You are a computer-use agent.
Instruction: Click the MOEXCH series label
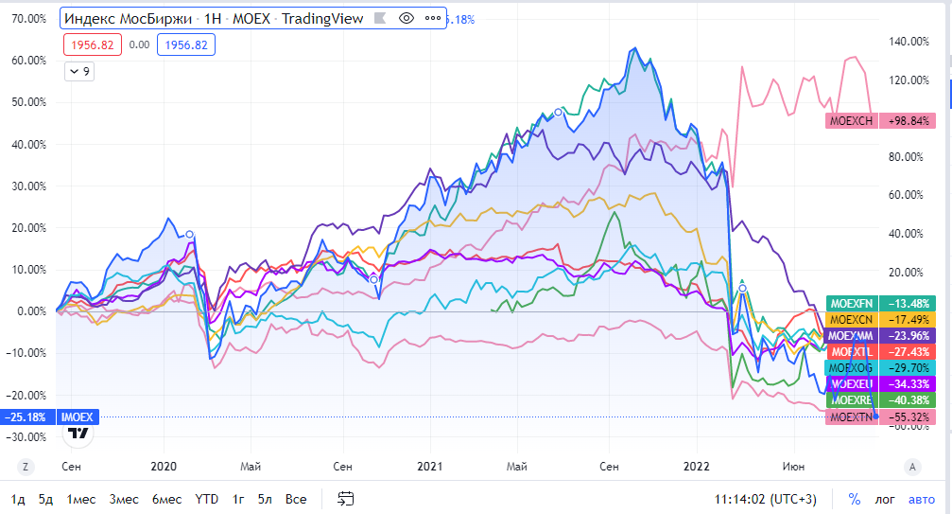click(x=852, y=121)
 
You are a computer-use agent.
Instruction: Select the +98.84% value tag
click(x=909, y=121)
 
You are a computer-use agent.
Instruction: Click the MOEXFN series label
click(x=852, y=303)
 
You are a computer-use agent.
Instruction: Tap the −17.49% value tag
click(x=909, y=320)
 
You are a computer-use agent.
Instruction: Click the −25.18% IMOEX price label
click(x=28, y=417)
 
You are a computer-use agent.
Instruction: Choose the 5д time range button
click(x=46, y=499)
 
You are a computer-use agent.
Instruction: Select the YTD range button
click(x=206, y=499)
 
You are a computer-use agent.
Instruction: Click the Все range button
click(x=296, y=499)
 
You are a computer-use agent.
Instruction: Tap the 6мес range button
click(x=167, y=499)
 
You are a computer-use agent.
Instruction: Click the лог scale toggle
click(x=885, y=499)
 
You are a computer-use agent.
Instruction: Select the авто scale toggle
click(x=921, y=499)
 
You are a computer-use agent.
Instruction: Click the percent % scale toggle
click(x=855, y=499)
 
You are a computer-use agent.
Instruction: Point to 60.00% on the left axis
click(x=27, y=61)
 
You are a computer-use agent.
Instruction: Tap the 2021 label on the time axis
click(x=430, y=467)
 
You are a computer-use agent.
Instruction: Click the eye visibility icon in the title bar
click(x=407, y=18)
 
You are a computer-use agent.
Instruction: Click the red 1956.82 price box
click(x=91, y=44)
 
